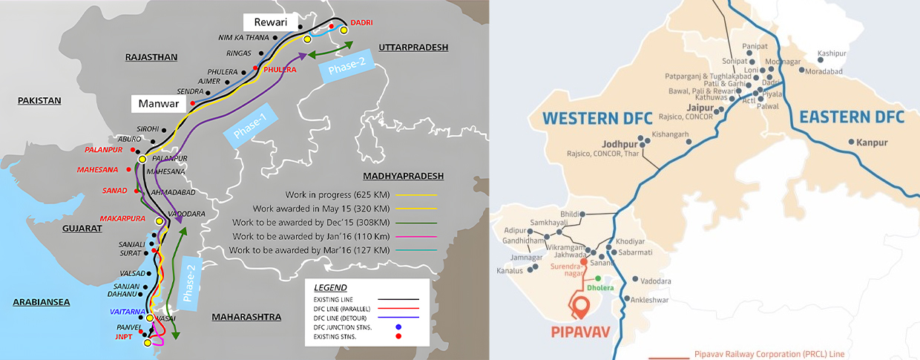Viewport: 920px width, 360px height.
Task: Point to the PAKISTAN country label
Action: pos(39,100)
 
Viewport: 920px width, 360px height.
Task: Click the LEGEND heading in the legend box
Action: pos(329,287)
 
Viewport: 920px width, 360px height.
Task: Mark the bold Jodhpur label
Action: pos(615,145)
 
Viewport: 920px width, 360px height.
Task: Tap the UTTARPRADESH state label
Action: pos(413,48)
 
